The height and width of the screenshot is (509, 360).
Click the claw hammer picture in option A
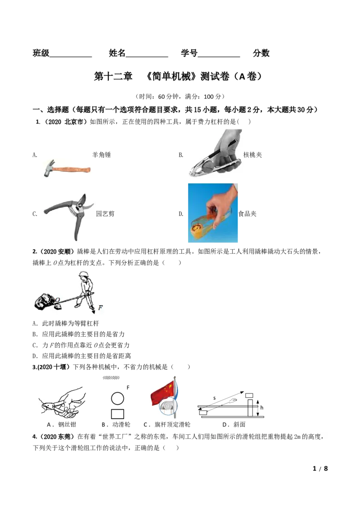click(67, 168)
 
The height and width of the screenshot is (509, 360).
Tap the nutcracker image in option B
click(215, 153)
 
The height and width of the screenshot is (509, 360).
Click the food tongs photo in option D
click(213, 213)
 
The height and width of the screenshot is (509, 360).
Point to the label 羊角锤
click(101, 155)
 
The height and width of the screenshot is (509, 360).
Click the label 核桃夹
click(252, 155)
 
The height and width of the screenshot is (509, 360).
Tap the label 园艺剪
click(105, 214)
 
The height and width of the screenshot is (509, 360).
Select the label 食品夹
click(247, 214)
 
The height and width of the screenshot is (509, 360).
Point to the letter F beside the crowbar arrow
click(100, 308)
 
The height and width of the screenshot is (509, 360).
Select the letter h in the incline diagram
click(261, 408)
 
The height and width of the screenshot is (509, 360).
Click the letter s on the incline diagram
click(215, 398)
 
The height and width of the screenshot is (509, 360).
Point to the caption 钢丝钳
click(67, 424)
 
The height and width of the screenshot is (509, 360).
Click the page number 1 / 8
click(320, 469)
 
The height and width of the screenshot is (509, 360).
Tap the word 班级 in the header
click(41, 53)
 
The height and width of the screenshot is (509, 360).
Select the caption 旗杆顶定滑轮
click(172, 424)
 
